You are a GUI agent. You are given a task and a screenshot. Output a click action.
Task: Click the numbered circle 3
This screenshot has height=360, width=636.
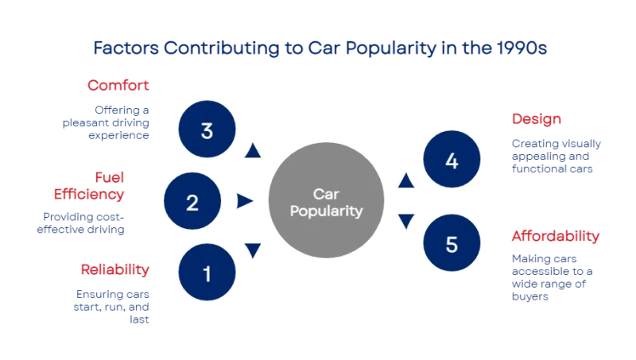click(207, 130)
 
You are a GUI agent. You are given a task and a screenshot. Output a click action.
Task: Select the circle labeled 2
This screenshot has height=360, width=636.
click(192, 202)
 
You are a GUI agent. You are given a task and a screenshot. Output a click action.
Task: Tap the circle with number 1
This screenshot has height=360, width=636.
click(207, 274)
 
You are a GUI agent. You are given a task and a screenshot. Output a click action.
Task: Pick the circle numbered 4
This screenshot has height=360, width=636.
click(452, 161)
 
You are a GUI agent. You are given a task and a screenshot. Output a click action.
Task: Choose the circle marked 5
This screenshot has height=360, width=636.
click(452, 244)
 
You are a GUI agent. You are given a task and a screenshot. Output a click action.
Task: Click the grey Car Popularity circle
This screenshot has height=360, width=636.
click(326, 202)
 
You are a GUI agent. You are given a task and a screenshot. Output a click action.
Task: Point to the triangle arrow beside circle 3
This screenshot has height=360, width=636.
click(253, 151)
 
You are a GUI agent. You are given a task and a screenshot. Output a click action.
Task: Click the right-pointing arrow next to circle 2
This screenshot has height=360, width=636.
click(244, 202)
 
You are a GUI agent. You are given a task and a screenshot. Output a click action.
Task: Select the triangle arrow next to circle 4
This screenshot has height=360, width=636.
click(405, 181)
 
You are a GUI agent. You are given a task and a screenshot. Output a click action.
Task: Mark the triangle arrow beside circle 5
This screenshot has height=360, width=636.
click(405, 222)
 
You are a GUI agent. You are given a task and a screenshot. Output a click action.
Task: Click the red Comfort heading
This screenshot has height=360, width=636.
click(118, 84)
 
